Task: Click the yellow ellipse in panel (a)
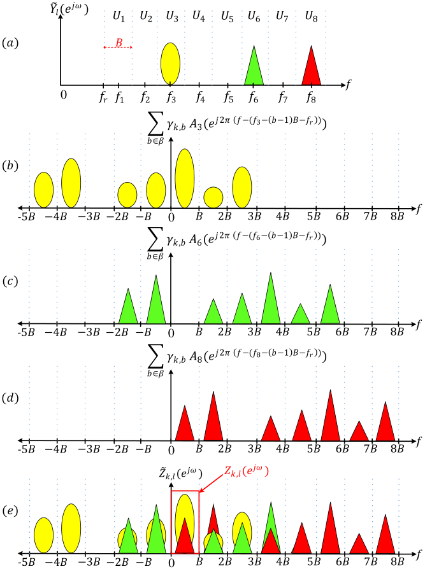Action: [170, 64]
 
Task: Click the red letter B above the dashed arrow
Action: [119, 43]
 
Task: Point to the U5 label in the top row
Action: [227, 17]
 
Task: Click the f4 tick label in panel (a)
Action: [200, 97]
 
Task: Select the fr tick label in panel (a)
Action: [103, 97]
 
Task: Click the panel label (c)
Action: [10, 281]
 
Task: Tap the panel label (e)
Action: [10, 510]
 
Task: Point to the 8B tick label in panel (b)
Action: [398, 216]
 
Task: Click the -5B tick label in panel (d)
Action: [27, 449]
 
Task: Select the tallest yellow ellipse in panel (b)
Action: [185, 178]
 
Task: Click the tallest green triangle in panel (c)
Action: [271, 298]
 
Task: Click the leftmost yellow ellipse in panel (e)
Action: [43, 535]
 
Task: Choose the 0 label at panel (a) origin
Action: [64, 95]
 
